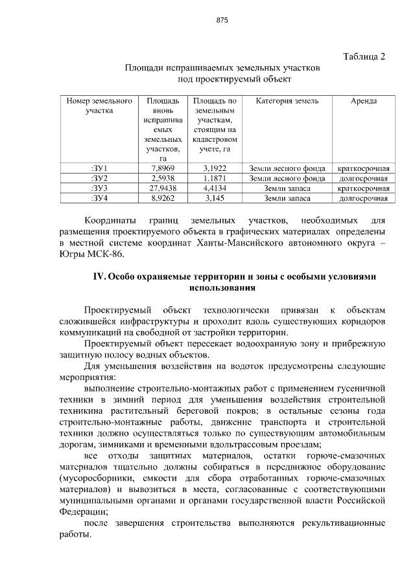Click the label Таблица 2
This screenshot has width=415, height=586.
click(363, 56)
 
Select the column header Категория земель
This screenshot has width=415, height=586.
click(287, 102)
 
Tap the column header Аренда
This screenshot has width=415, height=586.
click(364, 102)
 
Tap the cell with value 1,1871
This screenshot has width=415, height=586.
click(214, 178)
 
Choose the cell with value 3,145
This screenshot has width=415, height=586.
click(214, 198)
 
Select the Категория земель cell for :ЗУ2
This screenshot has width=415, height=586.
click(287, 178)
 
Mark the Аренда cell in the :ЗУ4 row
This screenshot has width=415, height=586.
click(364, 198)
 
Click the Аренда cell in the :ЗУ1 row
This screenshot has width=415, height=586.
click(364, 168)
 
